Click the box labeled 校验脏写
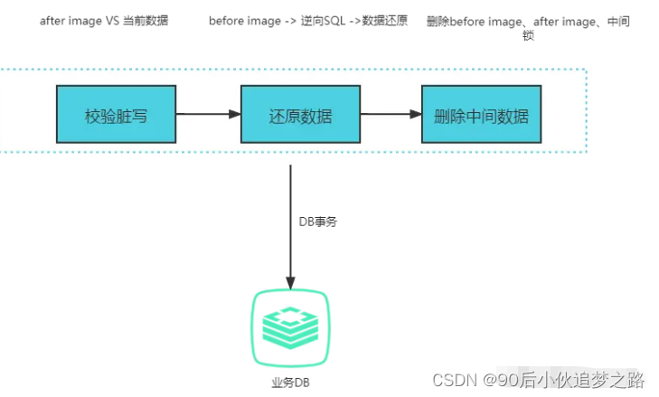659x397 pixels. coord(116,115)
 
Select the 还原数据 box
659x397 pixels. coord(300,115)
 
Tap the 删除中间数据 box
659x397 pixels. coord(481,115)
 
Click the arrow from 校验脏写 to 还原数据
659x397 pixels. coord(208,115)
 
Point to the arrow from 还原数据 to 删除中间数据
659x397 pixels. coord(391,115)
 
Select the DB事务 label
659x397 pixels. coord(318,222)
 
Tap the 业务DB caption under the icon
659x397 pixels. coord(290,383)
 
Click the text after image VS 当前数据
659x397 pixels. coord(104,20)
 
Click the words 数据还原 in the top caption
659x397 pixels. coord(384,20)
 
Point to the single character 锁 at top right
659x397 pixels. coord(527,36)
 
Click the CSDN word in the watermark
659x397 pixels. coord(455,379)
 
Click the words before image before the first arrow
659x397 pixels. coord(240,20)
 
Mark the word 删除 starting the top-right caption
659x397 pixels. coord(438,20)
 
